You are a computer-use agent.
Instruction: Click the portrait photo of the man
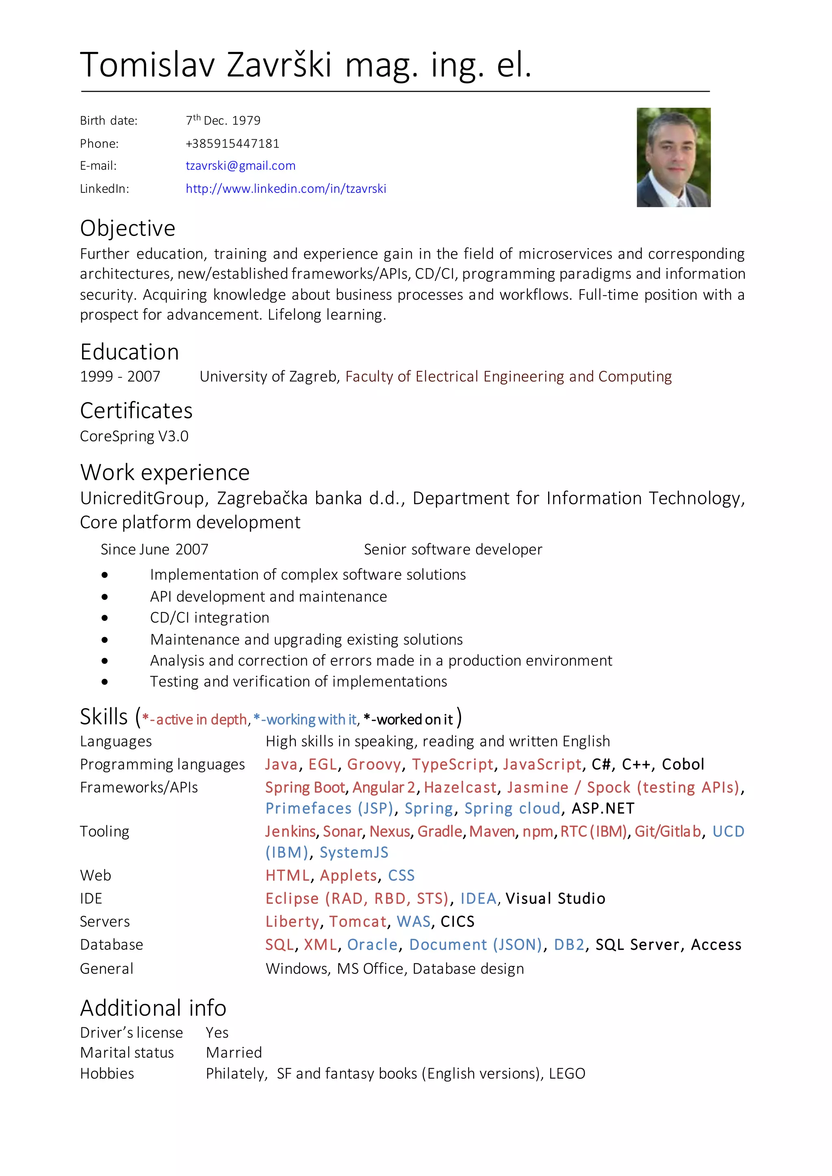point(673,157)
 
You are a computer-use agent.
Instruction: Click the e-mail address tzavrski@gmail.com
point(240,166)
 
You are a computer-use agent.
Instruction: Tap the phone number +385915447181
point(232,143)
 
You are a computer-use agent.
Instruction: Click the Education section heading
point(130,352)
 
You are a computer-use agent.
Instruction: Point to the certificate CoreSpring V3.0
point(134,437)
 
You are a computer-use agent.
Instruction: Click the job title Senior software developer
point(453,549)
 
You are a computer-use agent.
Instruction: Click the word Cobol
point(683,765)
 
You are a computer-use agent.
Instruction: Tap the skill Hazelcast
point(460,788)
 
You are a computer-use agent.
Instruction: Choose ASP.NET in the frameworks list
point(603,809)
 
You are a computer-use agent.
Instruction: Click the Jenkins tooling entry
point(290,832)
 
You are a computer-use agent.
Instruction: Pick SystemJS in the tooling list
point(354,853)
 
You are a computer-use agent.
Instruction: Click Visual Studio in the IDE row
point(555,899)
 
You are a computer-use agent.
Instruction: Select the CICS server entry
point(457,922)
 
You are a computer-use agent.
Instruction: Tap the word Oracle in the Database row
point(373,945)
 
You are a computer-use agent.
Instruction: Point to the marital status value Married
point(234,1053)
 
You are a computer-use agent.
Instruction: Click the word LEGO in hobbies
point(567,1074)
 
